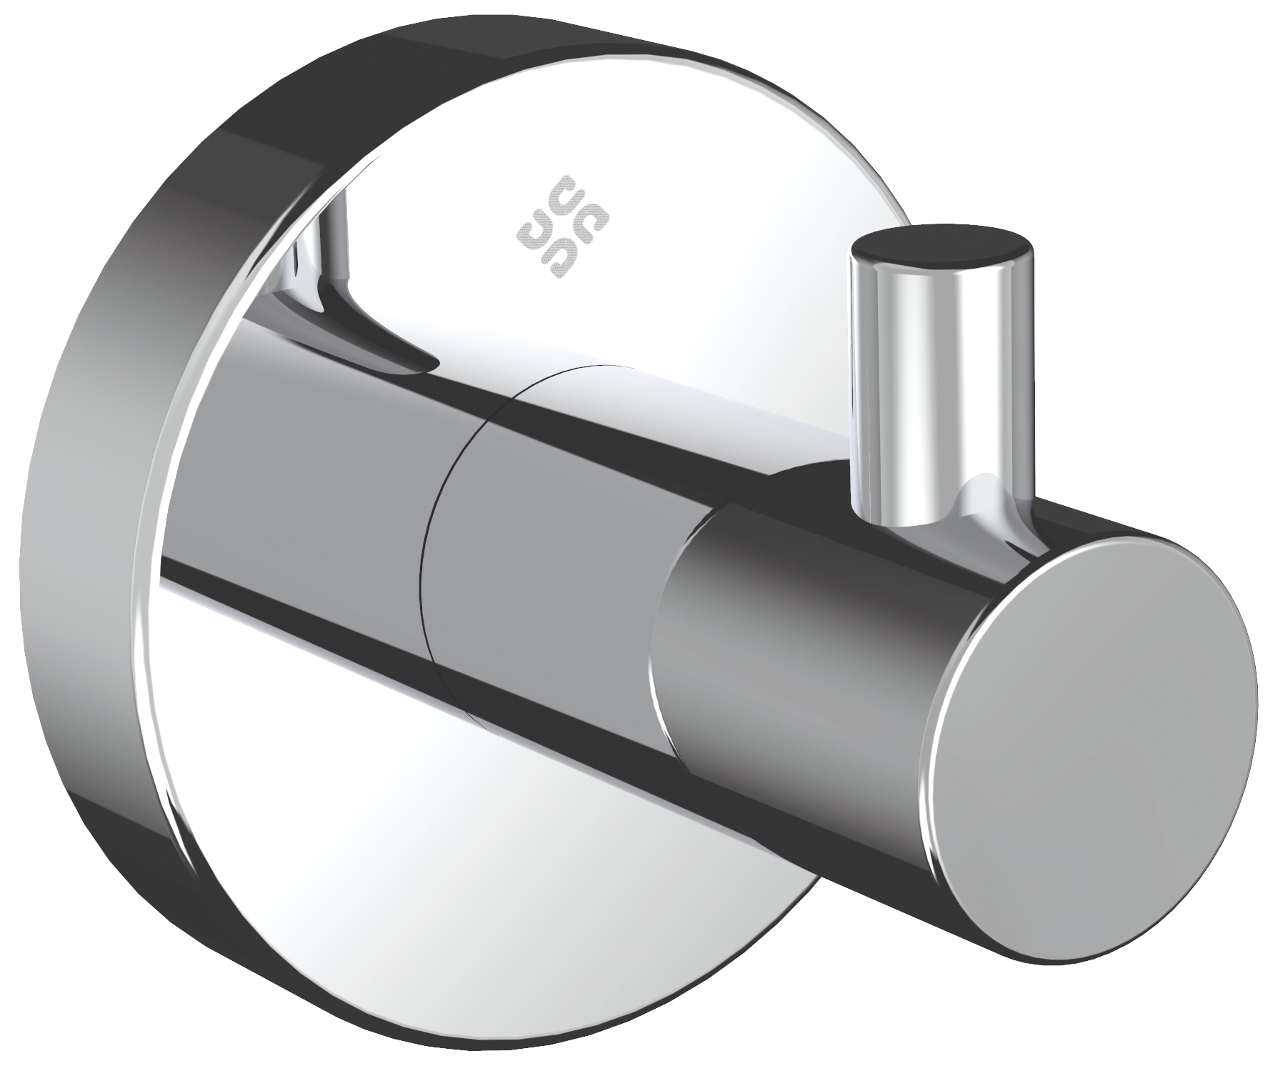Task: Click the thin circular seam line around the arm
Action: pos(429,572)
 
